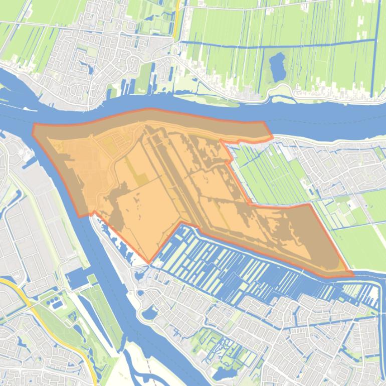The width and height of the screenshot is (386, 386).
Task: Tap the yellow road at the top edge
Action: [177, 15]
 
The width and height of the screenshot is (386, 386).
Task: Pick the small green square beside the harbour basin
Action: [92, 279]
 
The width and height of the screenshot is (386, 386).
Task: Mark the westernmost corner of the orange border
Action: [33, 129]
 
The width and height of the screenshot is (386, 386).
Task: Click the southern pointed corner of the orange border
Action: [149, 262]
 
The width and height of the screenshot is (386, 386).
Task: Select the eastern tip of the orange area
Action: [352, 274]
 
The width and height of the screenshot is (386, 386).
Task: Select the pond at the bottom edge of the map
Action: [222, 373]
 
